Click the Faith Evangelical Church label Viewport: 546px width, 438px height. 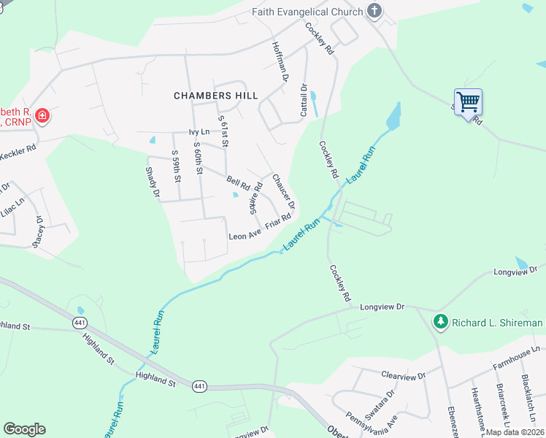307,12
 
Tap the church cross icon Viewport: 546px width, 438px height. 374,11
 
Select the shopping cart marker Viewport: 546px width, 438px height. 467,102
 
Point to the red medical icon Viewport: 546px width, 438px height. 42,115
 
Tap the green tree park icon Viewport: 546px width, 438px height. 440,322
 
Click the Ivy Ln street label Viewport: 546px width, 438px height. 199,132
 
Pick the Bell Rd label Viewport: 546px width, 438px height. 238,181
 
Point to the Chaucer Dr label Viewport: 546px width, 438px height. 282,191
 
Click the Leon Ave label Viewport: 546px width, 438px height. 245,236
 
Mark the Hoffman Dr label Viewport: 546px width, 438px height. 281,59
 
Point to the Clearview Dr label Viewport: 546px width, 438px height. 403,375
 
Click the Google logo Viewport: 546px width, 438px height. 24,429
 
